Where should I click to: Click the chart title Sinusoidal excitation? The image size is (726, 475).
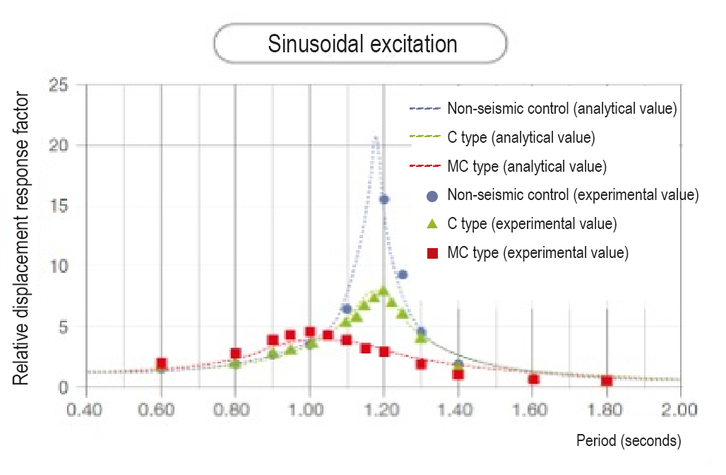(362, 45)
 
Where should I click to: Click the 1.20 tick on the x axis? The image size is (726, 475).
(383, 409)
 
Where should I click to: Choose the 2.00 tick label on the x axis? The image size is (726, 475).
(680, 409)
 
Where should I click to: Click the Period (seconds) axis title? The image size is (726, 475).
(629, 441)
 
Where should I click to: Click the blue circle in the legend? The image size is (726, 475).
(433, 196)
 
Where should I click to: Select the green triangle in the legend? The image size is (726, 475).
(433, 224)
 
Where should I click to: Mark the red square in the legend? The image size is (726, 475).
(433, 252)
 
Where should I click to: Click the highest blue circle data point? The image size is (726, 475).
(383, 199)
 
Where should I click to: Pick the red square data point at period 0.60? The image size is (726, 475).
(161, 364)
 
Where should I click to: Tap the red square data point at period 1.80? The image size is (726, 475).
(606, 381)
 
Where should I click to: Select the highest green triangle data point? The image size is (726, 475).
(383, 291)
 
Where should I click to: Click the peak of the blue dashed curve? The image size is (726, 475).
(376, 137)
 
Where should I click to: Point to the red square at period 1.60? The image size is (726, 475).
(533, 380)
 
